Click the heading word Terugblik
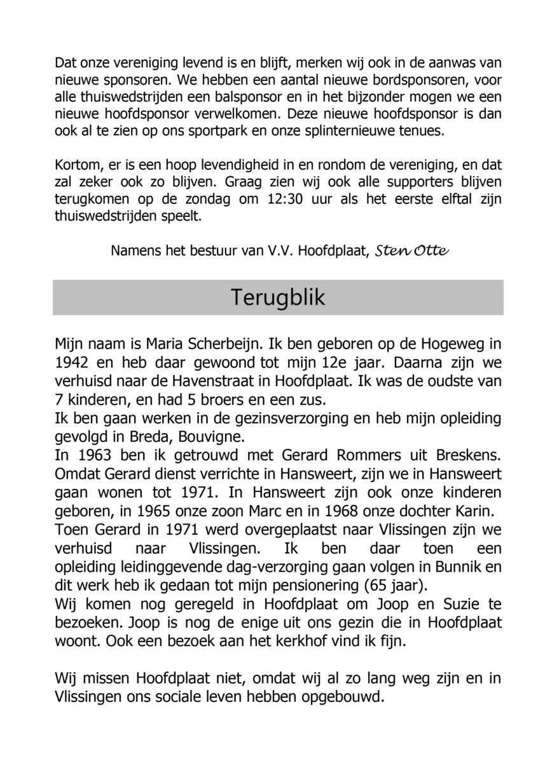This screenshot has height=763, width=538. tap(277, 298)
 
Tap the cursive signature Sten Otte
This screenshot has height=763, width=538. tap(412, 250)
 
